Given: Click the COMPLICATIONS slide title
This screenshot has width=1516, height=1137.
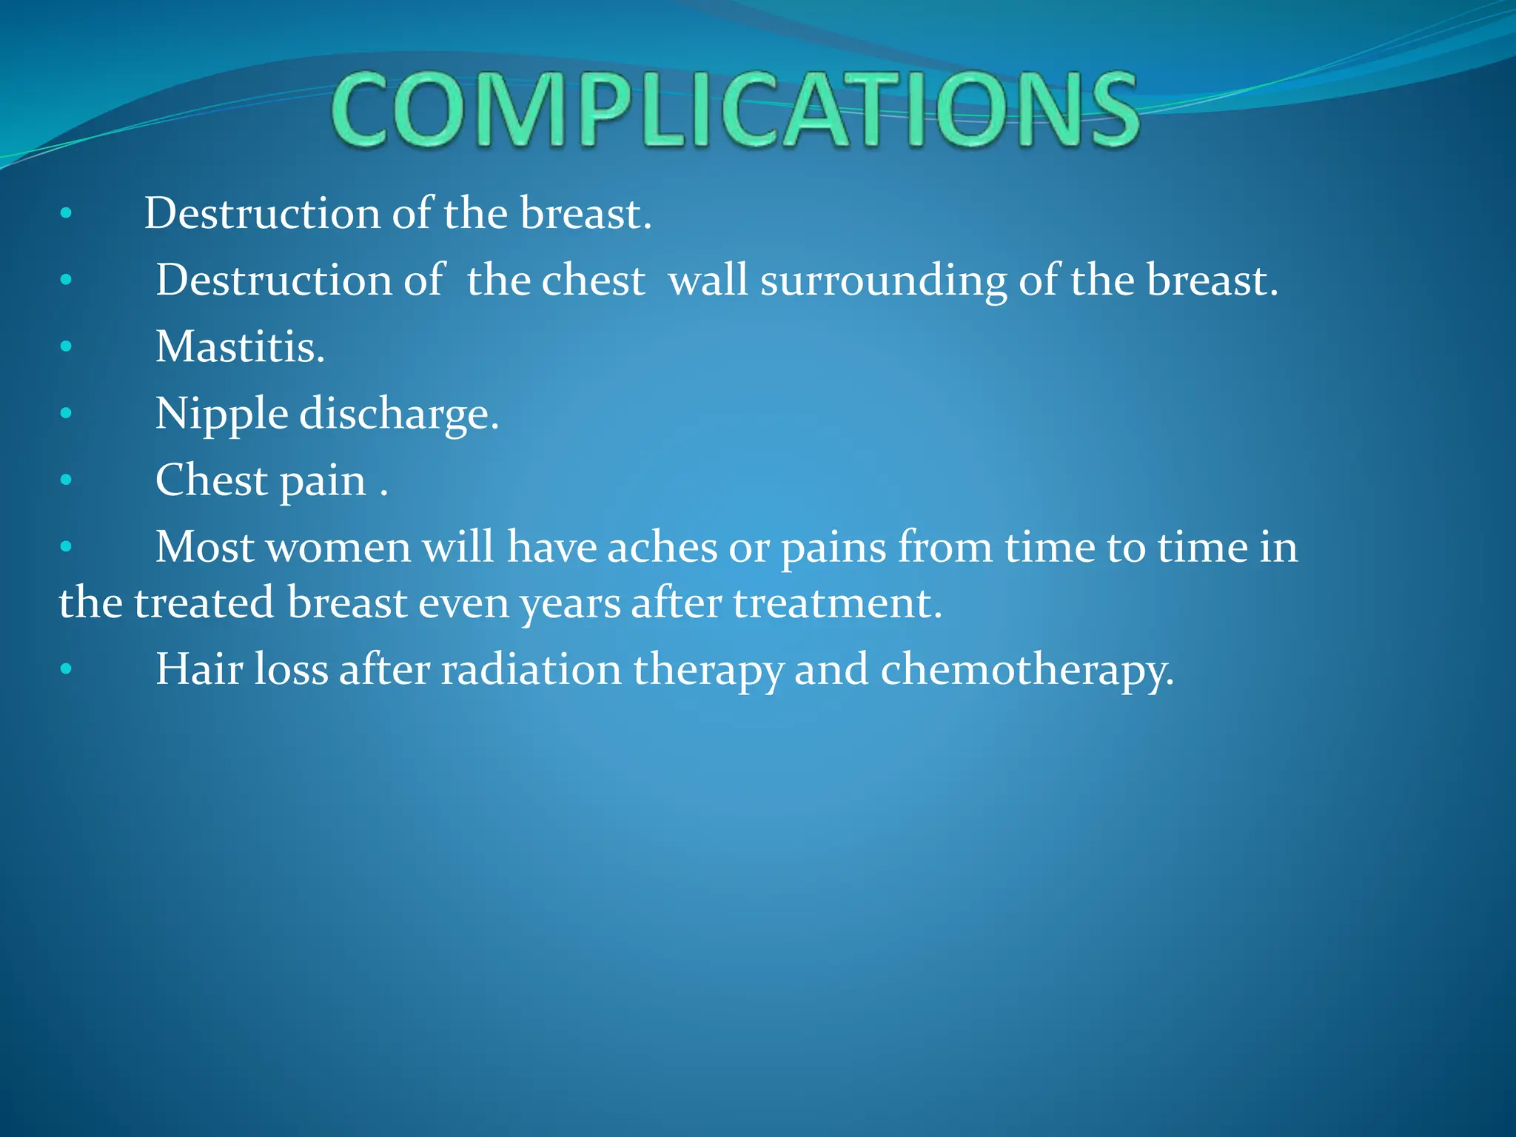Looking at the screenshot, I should (734, 111).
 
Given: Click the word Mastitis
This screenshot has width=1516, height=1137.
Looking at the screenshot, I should (240, 346).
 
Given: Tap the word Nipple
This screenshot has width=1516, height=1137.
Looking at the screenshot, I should (221, 413).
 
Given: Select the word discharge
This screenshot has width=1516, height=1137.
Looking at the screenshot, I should (399, 413).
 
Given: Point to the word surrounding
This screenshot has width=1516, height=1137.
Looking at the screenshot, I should (883, 281).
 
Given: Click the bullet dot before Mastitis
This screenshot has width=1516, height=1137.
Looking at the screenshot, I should (66, 346).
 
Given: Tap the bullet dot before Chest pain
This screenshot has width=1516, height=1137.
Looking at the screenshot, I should (66, 480).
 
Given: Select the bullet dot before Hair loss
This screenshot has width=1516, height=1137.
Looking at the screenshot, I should (66, 670).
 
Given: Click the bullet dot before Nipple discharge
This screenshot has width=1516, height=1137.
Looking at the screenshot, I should (66, 413).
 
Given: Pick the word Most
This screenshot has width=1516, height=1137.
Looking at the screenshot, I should (204, 548).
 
